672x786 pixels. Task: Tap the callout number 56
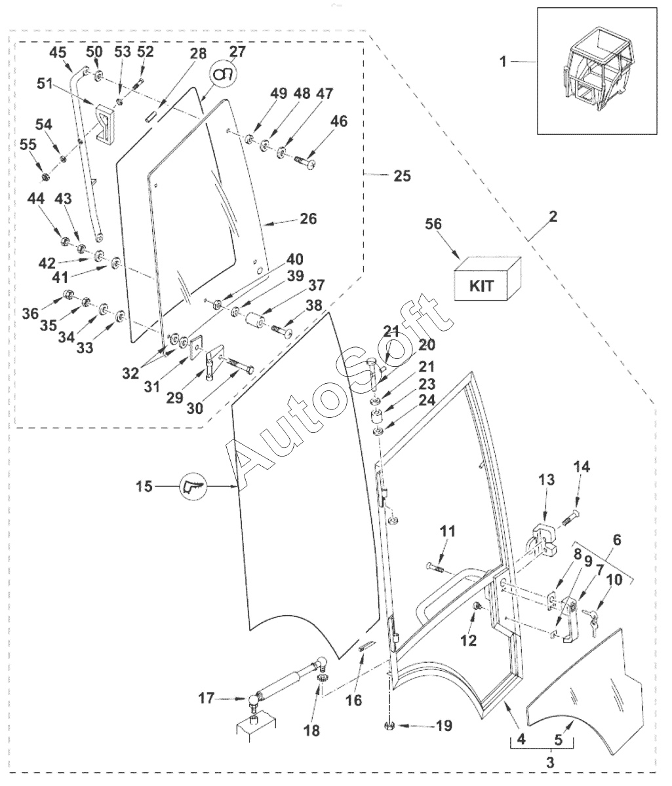(433, 225)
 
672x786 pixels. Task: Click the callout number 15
(145, 487)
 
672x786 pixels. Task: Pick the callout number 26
(307, 219)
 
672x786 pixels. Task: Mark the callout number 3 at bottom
(549, 763)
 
